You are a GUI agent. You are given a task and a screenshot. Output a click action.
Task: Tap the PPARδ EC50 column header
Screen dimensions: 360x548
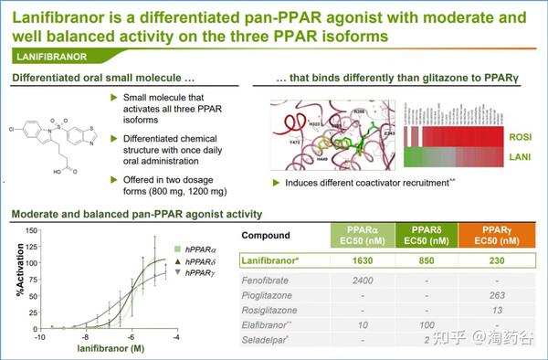426,235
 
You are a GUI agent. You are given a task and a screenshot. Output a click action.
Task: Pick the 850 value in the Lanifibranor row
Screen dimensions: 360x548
426,259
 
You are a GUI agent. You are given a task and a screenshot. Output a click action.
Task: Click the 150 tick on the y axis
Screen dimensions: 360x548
30,231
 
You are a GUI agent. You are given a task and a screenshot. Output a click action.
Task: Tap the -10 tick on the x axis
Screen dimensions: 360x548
39,337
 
